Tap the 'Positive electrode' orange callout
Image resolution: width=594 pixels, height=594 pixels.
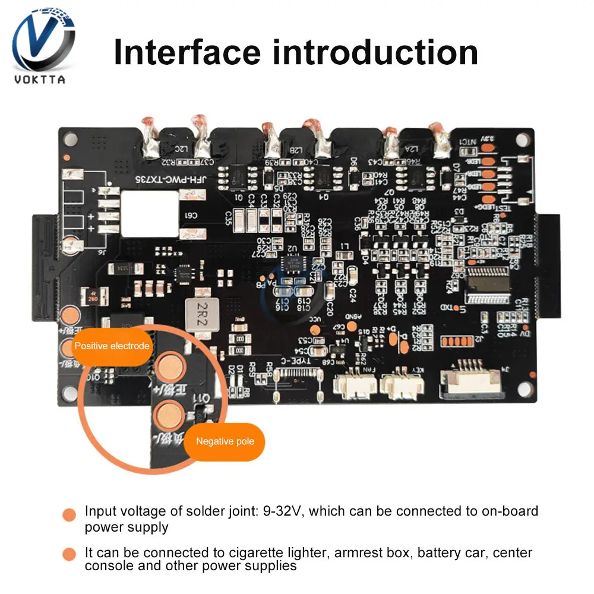[112, 345]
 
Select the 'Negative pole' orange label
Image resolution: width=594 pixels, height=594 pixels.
[225, 441]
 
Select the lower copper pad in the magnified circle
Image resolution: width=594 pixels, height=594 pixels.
[170, 413]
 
